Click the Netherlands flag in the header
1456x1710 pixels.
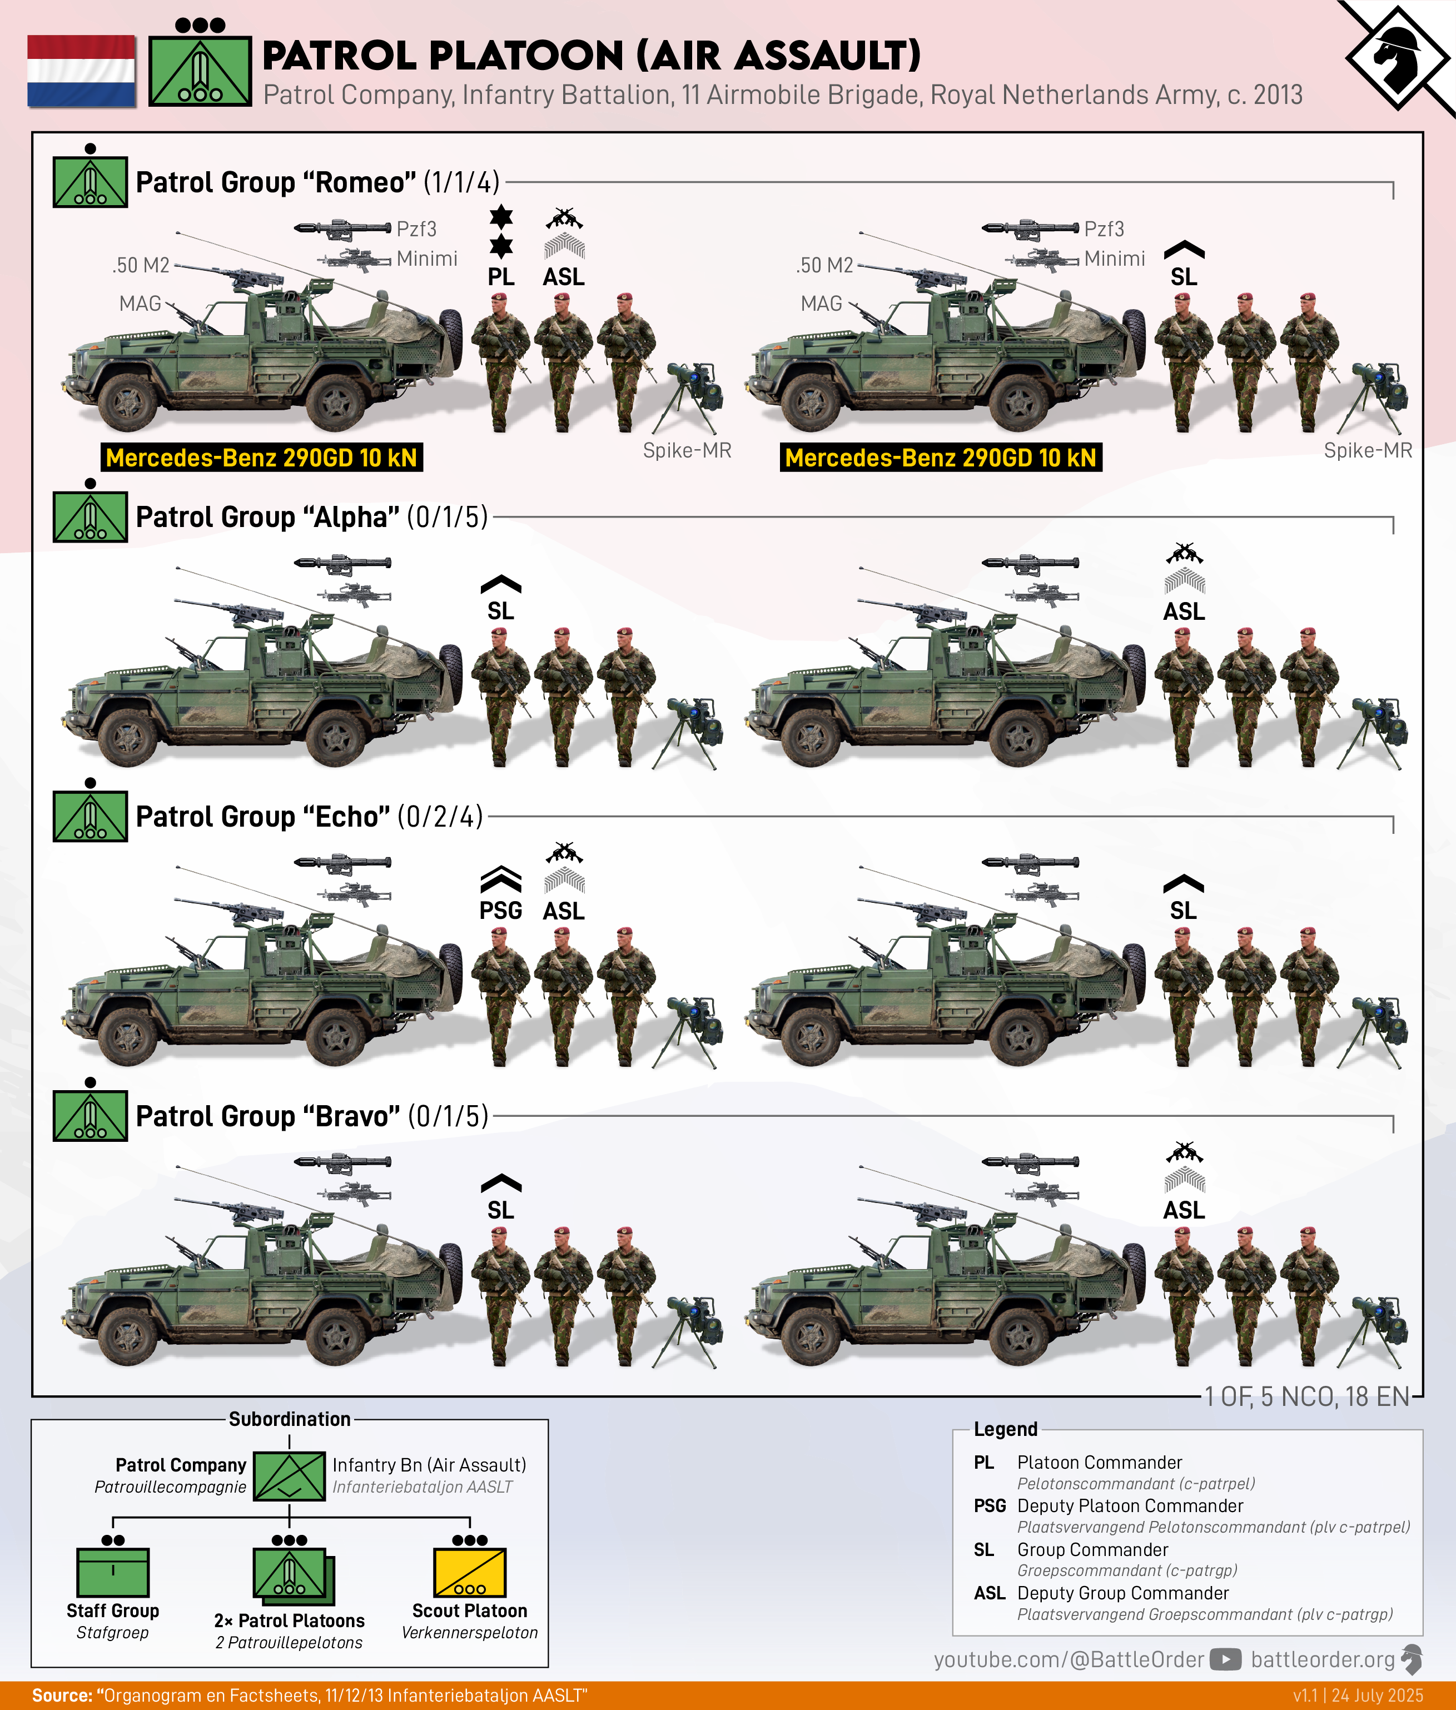coord(82,71)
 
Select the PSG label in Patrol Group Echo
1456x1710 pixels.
coord(501,910)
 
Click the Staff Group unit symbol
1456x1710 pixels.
coord(113,1572)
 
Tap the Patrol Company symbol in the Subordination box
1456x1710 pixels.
coord(289,1475)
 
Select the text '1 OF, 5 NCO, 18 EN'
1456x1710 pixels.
coord(1306,1396)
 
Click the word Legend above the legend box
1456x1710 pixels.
coord(1005,1429)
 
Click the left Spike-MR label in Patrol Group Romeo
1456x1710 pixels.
coord(687,451)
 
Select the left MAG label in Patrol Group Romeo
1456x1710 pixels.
coord(140,304)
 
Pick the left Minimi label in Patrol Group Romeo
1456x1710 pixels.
coord(427,259)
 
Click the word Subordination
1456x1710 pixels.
coord(290,1419)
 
